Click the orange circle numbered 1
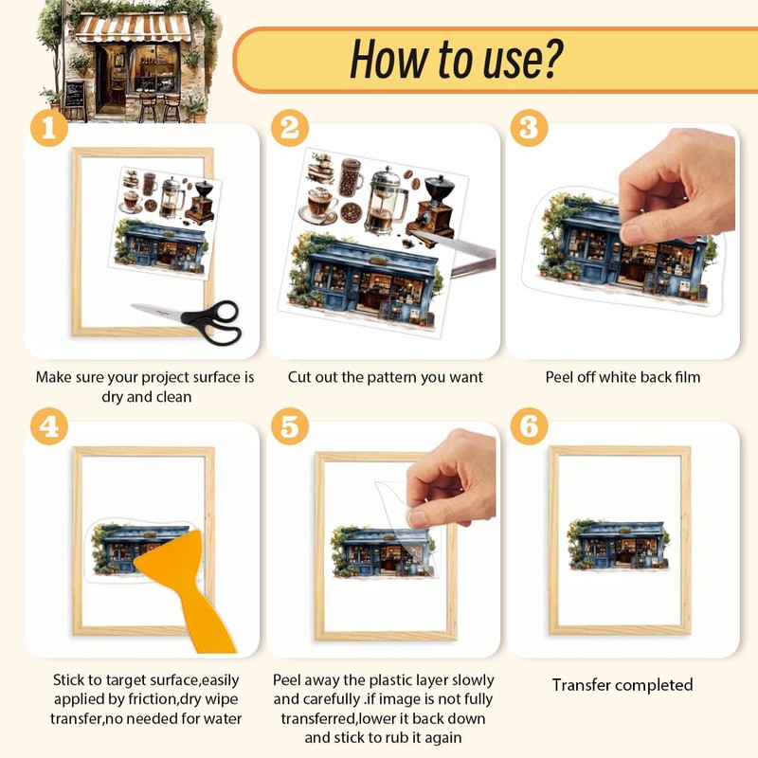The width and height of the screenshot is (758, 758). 49,128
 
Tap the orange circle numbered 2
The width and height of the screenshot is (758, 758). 290,128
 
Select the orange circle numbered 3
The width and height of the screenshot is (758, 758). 529,128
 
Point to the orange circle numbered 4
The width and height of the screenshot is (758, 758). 49,426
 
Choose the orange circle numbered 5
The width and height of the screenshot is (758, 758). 290,426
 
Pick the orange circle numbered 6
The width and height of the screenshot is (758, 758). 529,426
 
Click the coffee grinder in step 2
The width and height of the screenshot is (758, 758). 433,208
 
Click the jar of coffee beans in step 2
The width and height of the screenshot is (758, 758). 352,177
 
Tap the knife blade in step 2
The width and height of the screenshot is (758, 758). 455,246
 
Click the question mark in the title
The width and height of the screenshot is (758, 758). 549,58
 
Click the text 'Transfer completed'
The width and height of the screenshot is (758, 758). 623,684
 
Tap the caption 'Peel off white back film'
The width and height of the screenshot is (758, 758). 623,376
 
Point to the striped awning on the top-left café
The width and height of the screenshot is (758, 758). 132,28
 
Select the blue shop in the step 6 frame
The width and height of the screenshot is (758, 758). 619,545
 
